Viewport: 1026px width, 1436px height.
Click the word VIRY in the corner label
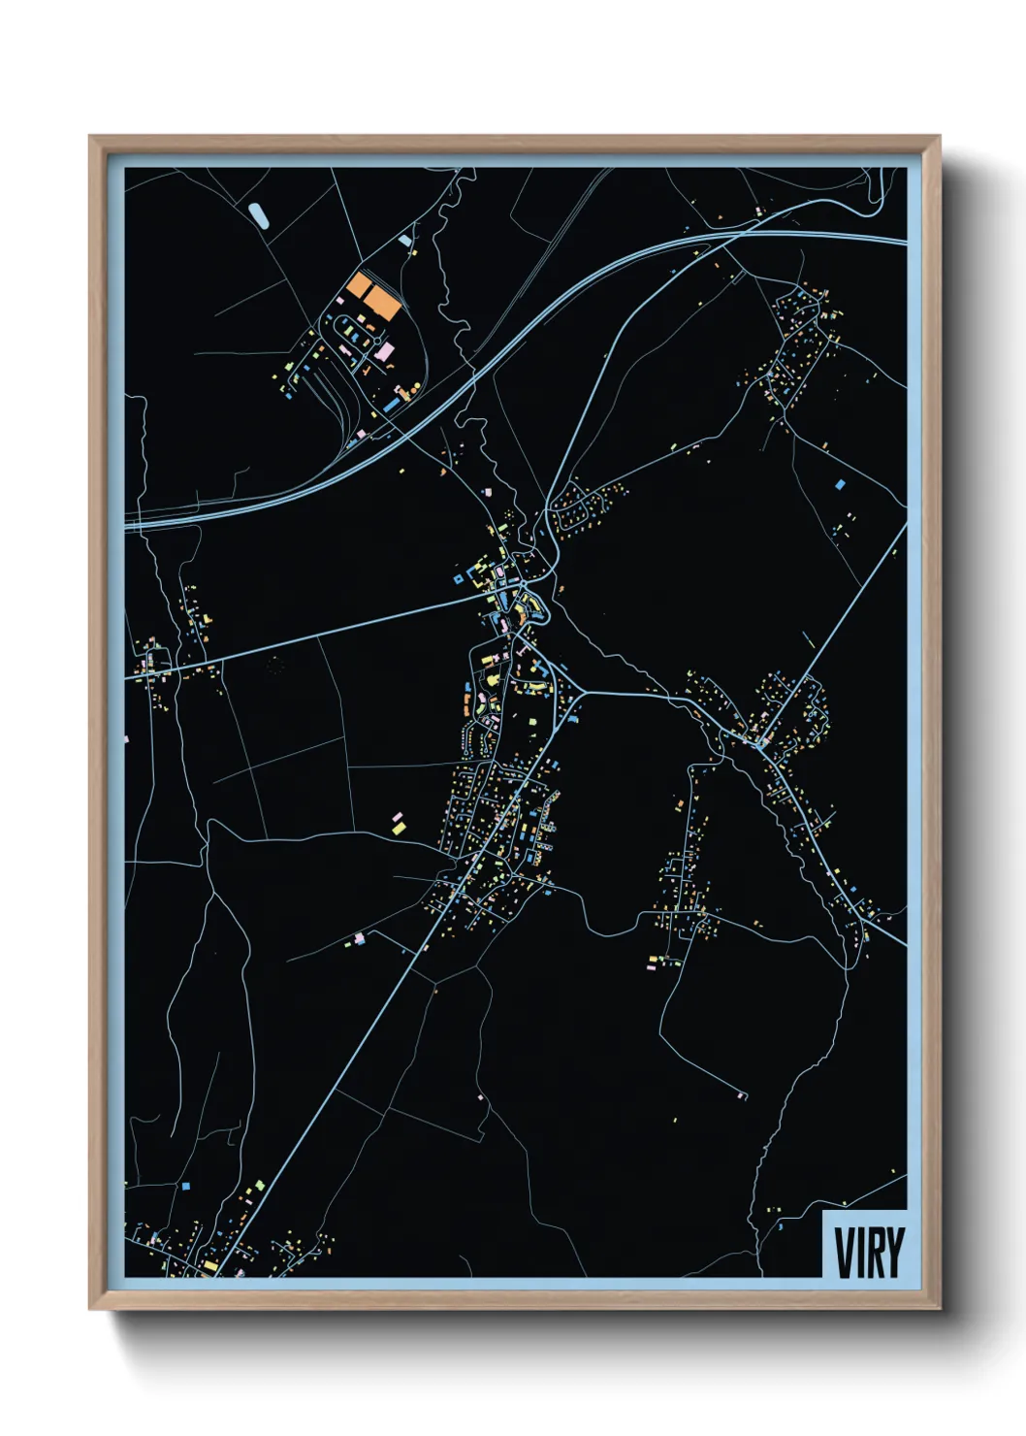(x=869, y=1253)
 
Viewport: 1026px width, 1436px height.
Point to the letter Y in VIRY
(x=894, y=1253)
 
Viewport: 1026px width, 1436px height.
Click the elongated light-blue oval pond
(x=259, y=214)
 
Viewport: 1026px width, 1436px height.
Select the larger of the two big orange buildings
(x=382, y=306)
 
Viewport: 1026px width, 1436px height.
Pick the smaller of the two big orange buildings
(x=359, y=286)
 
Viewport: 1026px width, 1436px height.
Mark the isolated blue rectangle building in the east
(x=840, y=483)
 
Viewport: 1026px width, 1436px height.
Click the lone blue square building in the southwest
(x=185, y=1186)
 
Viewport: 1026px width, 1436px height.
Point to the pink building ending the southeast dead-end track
(x=742, y=1095)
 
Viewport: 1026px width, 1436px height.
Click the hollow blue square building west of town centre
(x=458, y=579)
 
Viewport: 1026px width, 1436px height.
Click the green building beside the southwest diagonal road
(x=259, y=1185)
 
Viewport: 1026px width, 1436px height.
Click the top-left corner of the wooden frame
(x=90, y=137)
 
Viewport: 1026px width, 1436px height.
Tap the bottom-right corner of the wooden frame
(x=939, y=1309)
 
